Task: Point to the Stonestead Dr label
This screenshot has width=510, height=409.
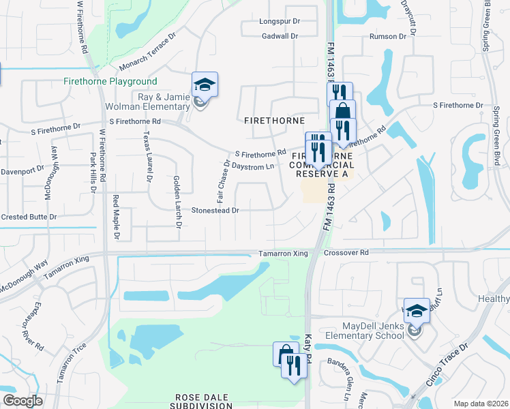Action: point(215,211)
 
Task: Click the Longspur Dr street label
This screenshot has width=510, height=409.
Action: point(280,21)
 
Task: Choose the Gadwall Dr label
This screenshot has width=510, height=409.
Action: point(280,35)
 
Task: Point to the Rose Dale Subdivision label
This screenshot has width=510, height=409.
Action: point(204,401)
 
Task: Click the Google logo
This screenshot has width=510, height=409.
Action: point(22,401)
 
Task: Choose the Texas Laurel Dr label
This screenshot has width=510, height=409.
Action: point(147,157)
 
